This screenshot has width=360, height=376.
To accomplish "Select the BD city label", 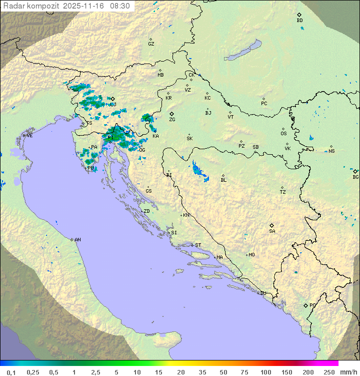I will [x=299, y=21].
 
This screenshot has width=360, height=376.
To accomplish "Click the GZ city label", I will [x=151, y=44].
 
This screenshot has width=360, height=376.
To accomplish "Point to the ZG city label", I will [x=172, y=120].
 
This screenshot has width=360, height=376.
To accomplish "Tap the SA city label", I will [x=272, y=231].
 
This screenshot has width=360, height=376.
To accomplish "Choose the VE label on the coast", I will [x=29, y=136].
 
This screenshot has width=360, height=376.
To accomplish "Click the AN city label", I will [x=77, y=240].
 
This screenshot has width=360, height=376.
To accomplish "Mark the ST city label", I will [x=198, y=245].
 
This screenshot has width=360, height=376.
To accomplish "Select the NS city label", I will [x=331, y=151].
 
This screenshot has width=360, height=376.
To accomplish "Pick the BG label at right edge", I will [x=355, y=177].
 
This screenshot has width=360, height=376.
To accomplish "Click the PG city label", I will [x=312, y=305].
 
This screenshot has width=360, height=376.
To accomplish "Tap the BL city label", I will [x=223, y=180].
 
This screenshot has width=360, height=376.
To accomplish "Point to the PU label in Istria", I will [x=90, y=168].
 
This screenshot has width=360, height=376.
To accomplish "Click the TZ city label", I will [x=283, y=192].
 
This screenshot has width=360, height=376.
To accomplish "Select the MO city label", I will [x=251, y=255].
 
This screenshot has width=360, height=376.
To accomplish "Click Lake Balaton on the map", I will [x=243, y=50].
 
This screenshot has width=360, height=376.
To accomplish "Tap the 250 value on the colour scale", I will [x=328, y=372].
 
